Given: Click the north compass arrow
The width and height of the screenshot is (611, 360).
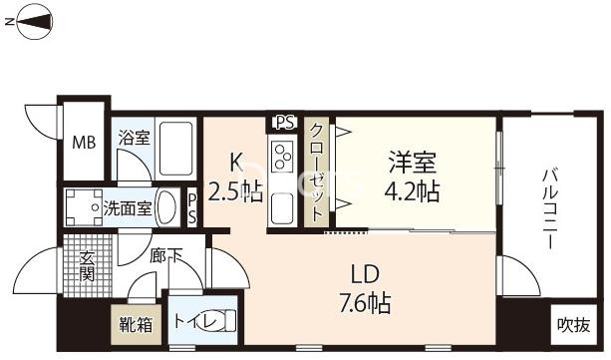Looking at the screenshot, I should point(30,23).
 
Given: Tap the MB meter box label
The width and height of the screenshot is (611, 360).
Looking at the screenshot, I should point(83,141).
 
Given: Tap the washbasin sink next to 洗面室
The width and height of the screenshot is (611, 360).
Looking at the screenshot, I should point(169,208).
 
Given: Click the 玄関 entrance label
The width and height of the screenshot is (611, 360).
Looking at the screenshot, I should point(87,264).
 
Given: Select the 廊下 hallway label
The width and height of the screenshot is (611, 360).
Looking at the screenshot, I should point(165,256).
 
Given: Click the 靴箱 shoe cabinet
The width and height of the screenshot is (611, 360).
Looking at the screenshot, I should point(136,324).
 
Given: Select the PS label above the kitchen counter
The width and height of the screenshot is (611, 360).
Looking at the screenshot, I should point(284,123).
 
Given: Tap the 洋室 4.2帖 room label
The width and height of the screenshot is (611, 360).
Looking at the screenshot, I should point(411,176).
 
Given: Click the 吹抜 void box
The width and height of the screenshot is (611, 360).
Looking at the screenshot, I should point(573,325).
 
